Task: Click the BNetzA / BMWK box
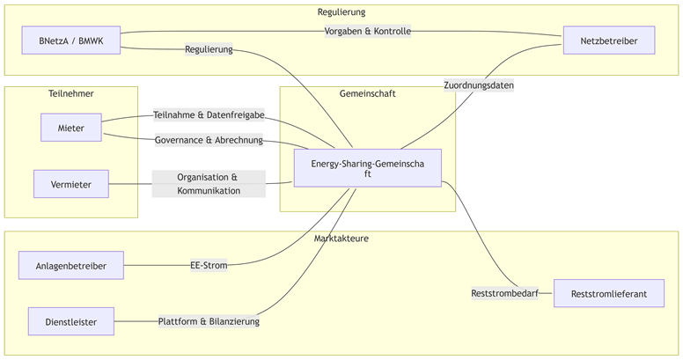(x=71, y=40)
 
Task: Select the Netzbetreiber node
(x=609, y=40)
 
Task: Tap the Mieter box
(x=71, y=128)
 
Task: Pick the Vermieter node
(x=71, y=184)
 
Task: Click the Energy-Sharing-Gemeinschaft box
(x=367, y=168)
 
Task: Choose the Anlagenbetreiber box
(x=71, y=265)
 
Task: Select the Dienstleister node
(x=71, y=321)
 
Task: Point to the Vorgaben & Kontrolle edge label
(x=368, y=31)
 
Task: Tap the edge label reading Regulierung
(x=209, y=49)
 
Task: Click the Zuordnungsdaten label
(x=479, y=85)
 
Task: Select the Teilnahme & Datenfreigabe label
(x=209, y=114)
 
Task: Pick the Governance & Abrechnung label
(x=209, y=140)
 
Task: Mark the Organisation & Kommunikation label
(x=209, y=184)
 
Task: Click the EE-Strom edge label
(x=209, y=265)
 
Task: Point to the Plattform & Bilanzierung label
(x=209, y=321)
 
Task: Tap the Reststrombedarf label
(x=504, y=293)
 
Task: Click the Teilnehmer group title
(x=71, y=93)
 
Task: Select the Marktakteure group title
(x=341, y=239)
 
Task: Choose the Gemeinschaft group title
(x=367, y=93)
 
